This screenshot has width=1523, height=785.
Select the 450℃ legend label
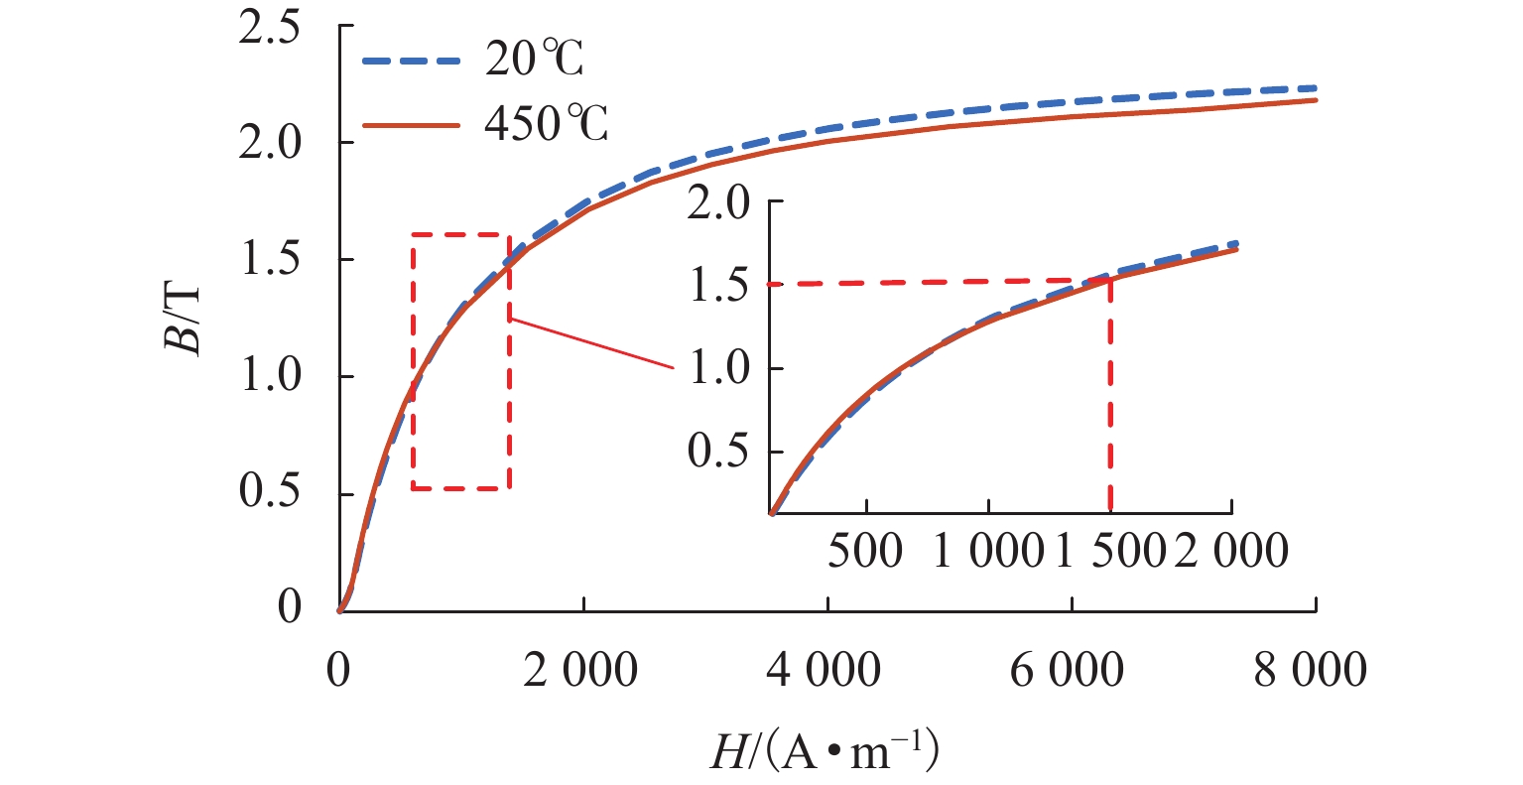pos(546,126)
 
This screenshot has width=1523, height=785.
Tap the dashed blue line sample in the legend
pos(409,61)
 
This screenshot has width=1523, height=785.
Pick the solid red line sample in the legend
pos(409,126)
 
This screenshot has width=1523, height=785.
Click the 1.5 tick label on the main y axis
pos(270,260)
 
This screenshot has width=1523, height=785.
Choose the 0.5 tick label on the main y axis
pos(270,494)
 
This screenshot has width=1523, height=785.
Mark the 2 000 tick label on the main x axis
pos(583,672)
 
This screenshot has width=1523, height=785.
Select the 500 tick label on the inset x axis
pos(867,551)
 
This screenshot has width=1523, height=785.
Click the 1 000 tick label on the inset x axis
pos(988,551)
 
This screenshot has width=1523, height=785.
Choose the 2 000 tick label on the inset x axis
pos(1231,551)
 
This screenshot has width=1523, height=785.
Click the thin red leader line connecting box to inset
pos(591,343)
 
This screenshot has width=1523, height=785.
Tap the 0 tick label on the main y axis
pos(289,607)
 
